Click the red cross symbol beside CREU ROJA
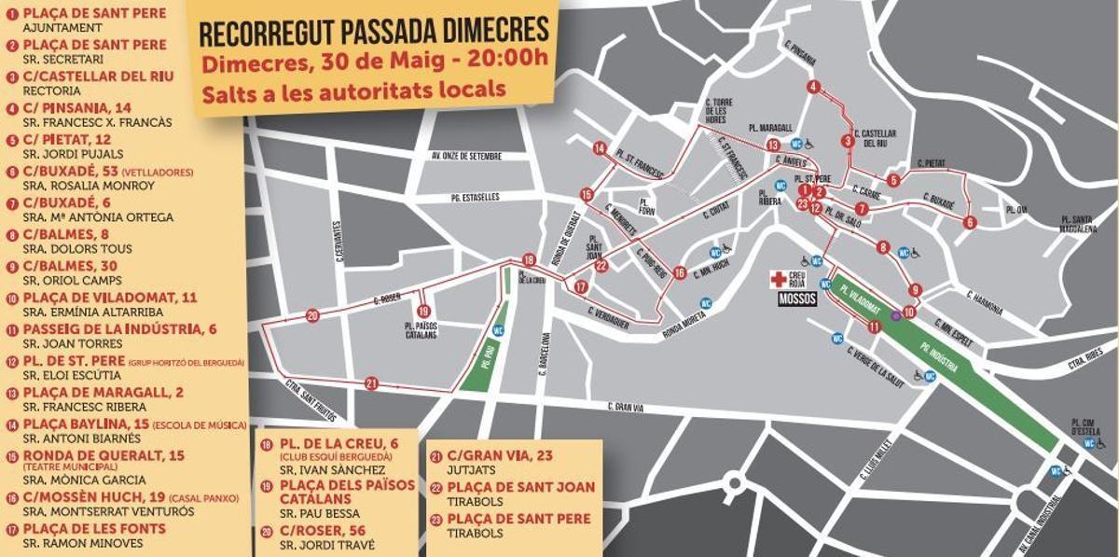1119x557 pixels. [776, 278]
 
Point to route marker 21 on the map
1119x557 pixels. [372, 383]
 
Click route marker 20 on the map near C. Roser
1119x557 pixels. [311, 315]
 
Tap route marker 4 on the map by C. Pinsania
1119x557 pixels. [814, 88]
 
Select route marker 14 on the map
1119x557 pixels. [600, 148]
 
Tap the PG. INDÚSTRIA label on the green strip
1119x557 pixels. [942, 357]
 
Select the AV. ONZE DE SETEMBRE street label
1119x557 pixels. [466, 156]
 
